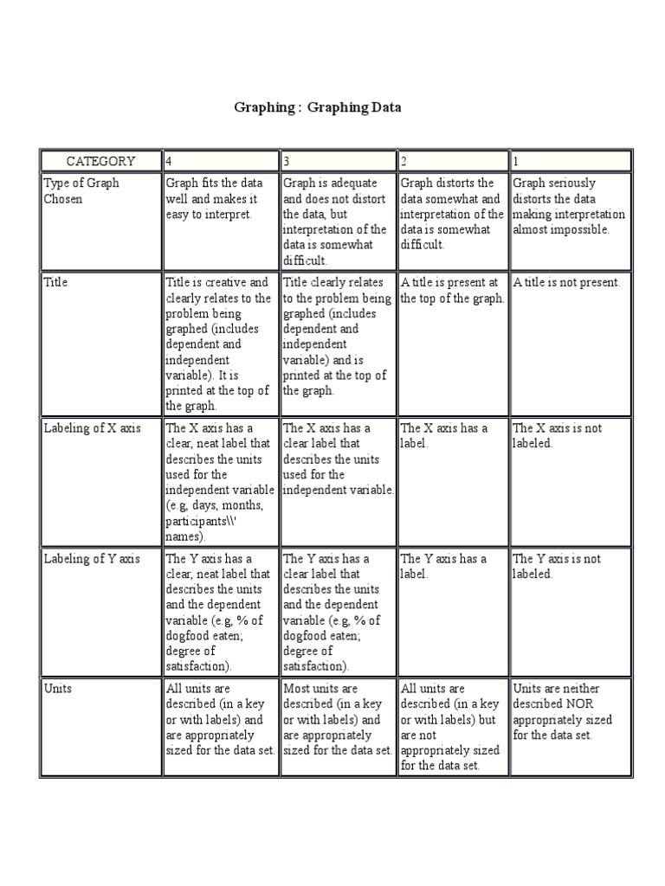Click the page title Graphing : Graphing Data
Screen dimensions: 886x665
coord(318,108)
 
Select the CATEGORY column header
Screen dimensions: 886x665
coord(100,161)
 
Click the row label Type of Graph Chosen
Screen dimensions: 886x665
coord(81,191)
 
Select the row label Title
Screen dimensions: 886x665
coord(55,282)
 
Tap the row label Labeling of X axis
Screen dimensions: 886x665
coord(92,428)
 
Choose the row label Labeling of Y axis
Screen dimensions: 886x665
coord(92,559)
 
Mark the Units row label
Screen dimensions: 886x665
coord(58,689)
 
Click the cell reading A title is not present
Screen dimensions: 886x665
coord(566,283)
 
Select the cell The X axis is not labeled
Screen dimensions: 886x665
coord(557,435)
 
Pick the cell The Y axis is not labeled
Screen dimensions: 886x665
coord(557,566)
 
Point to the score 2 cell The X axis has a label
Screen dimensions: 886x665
coord(443,435)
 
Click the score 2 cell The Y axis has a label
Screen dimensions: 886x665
coord(443,566)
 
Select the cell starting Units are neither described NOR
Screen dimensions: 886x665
coord(563,711)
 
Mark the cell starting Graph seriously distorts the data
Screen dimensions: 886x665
coord(568,206)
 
